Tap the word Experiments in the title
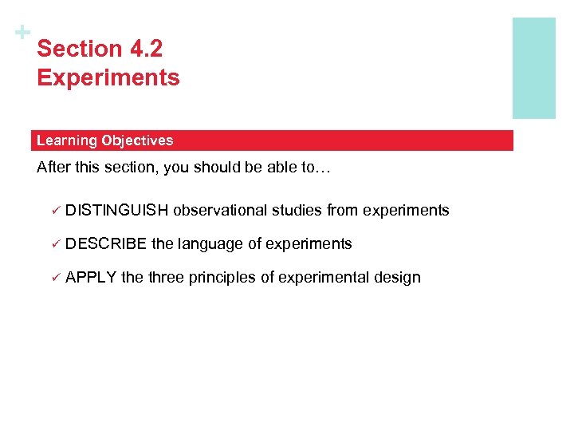coord(108,78)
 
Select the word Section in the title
coord(78,49)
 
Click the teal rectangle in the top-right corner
coord(533,68)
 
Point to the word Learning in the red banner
coord(66,140)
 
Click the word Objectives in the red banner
coord(137,140)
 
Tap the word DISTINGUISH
coord(117,211)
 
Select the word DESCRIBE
coord(107,244)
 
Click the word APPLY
coord(92,278)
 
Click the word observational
coord(220,211)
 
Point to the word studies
coord(297,211)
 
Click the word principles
coord(222,278)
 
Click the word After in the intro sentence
coord(53,168)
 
